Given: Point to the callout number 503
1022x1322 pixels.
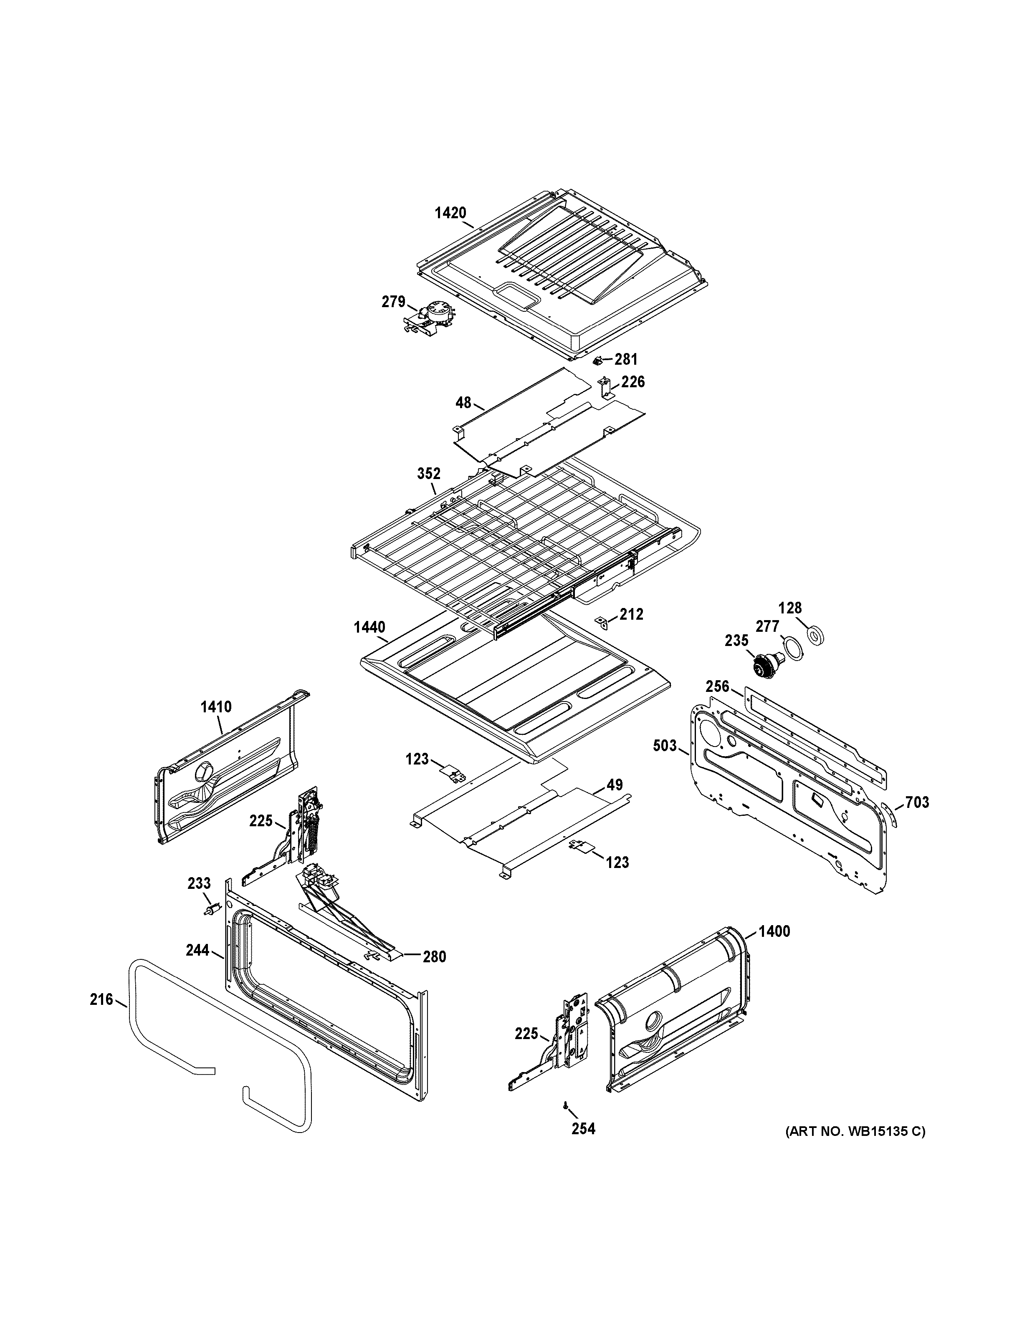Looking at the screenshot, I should (x=665, y=746).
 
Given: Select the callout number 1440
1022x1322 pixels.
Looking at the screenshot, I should (x=370, y=627).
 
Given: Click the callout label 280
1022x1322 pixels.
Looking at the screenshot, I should (x=434, y=957).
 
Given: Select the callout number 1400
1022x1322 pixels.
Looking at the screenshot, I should (x=774, y=931).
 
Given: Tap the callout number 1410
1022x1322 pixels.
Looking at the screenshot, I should (x=216, y=706).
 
